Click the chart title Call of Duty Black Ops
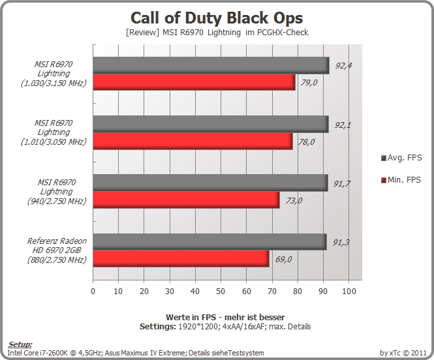217,18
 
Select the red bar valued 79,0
194,82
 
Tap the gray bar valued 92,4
211,65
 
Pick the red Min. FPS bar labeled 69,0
181,259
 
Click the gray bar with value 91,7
210,183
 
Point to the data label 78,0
306,142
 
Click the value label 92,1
343,125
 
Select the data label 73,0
294,200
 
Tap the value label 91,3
341,243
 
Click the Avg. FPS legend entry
401,158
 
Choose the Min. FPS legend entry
401,180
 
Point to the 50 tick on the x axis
221,291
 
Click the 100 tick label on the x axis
349,291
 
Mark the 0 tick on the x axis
93,291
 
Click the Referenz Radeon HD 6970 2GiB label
57,250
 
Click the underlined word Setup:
20,344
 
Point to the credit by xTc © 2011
403,353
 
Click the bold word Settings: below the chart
158,327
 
